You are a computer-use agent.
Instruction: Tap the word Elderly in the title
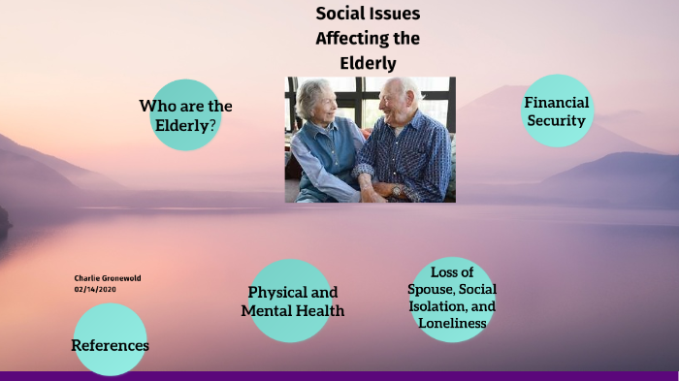point(369,63)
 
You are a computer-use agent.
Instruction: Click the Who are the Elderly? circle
point(185,114)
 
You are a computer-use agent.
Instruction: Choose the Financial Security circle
point(557,111)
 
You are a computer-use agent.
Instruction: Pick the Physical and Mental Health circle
point(292,301)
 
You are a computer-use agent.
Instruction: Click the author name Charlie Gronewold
point(107,278)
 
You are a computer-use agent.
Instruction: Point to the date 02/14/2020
point(93,289)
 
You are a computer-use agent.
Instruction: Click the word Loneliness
point(452,322)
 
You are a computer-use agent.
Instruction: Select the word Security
point(557,121)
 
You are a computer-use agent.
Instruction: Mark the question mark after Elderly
point(211,125)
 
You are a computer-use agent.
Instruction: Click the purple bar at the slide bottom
point(339,375)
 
